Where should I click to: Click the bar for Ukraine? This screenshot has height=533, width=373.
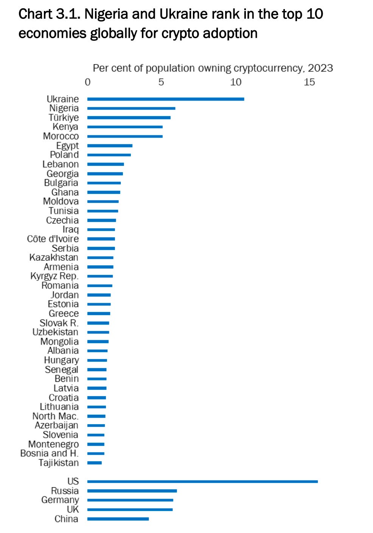[165, 99]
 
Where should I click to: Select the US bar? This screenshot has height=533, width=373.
[202, 482]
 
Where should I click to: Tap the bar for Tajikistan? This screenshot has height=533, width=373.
[95, 463]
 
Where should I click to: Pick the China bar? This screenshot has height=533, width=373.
[118, 519]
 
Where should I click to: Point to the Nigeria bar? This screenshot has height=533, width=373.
[131, 108]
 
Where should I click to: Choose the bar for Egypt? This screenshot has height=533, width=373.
[110, 146]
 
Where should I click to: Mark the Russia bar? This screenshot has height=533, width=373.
[132, 491]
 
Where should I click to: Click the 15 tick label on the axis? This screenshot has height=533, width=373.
[309, 82]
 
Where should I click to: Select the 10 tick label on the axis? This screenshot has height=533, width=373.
[235, 82]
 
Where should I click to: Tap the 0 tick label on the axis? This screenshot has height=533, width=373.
[88, 82]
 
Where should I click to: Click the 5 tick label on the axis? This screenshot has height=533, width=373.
[161, 82]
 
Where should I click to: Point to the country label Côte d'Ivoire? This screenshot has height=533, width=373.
[53, 239]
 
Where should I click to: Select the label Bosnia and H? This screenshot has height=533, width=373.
[49, 453]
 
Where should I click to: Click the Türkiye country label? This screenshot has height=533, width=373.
[64, 118]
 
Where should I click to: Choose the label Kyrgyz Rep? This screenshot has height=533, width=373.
[54, 276]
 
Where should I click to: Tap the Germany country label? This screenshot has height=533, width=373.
[60, 500]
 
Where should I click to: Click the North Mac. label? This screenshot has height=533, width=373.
[55, 416]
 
